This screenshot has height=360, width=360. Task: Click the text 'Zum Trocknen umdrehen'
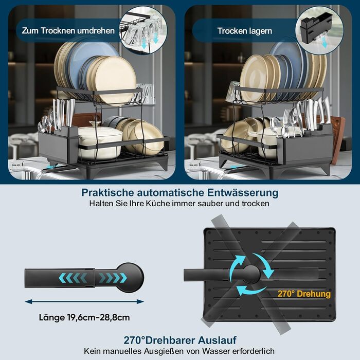[68, 31]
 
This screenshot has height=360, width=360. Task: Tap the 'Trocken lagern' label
[244, 31]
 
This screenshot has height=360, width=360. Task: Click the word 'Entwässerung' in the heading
[243, 192]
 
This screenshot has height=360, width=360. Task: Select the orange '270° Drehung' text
[304, 294]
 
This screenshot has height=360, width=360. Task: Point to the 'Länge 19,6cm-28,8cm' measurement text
[84, 317]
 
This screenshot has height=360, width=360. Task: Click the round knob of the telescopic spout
[130, 278]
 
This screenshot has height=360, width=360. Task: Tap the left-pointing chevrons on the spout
[73, 278]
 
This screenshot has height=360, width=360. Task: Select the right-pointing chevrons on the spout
[113, 278]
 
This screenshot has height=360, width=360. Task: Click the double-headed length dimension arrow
[84, 301]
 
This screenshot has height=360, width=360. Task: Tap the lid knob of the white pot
[96, 124]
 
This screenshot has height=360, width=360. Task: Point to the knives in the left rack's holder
[63, 113]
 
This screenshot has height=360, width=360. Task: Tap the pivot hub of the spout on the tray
[252, 274]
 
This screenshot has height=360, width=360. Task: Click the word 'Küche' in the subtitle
[161, 204]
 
